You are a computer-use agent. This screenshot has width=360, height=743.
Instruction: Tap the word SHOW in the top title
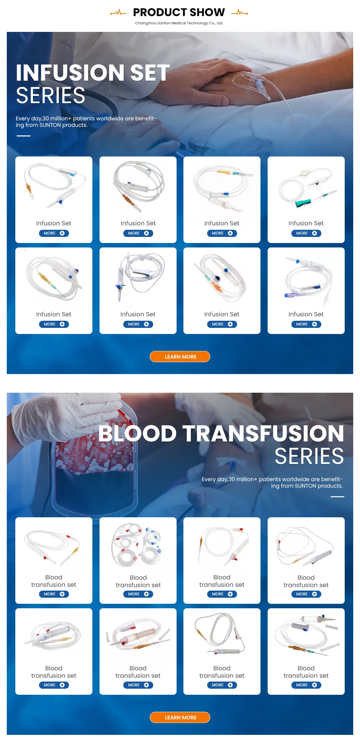[207, 13]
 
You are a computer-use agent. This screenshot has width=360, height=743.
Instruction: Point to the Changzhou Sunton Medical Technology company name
[179, 23]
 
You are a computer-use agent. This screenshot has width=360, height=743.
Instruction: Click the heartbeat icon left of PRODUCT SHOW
[118, 13]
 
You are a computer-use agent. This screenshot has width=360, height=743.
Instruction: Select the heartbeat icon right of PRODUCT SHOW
[239, 13]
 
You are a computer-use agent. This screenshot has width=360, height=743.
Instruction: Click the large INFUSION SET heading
[93, 73]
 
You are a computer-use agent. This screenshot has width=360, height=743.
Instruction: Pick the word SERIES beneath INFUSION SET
[51, 96]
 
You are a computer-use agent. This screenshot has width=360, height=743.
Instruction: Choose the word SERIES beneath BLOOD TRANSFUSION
[309, 456]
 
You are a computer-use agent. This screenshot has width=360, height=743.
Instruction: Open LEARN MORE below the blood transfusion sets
[180, 717]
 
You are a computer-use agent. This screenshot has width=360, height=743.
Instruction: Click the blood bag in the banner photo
[95, 475]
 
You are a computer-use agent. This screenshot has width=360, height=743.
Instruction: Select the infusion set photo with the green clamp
[306, 187]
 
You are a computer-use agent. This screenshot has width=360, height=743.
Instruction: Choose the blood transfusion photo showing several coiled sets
[138, 545]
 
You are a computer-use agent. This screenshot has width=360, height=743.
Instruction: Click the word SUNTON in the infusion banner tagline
[50, 125]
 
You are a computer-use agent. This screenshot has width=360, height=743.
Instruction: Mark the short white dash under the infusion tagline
[23, 136]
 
